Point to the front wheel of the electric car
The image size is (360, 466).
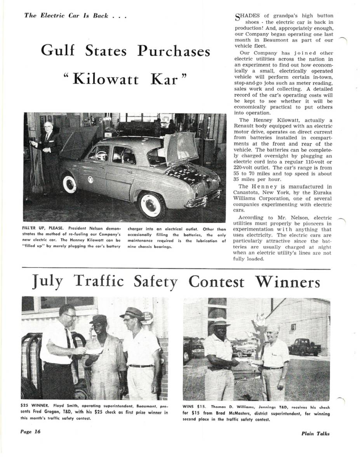click(x=70, y=183)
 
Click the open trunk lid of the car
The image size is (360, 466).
click(x=181, y=147)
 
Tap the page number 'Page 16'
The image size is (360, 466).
click(x=31, y=431)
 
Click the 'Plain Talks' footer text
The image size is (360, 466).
click(x=315, y=433)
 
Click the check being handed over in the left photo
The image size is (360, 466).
click(x=94, y=350)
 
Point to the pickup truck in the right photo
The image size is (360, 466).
click(x=305, y=347)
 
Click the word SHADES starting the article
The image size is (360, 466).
click(x=247, y=16)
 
